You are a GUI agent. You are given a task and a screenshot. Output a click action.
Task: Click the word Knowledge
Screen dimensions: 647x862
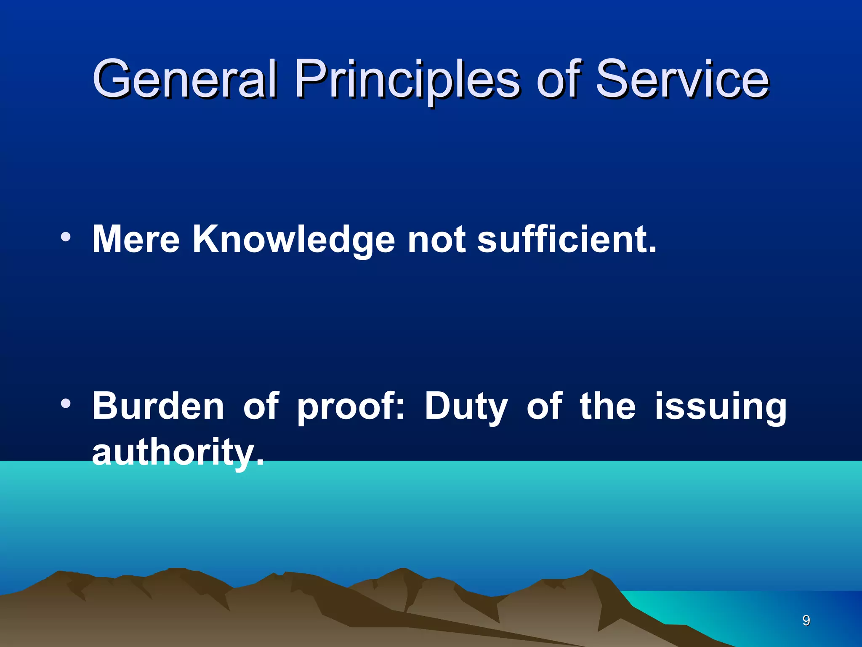pos(294,240)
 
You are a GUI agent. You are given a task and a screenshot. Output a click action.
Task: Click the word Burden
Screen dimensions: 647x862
pos(158,406)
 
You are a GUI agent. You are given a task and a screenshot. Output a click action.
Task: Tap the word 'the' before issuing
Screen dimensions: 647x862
pos(607,406)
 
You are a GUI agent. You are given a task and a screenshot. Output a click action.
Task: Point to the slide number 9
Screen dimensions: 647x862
pos(806,620)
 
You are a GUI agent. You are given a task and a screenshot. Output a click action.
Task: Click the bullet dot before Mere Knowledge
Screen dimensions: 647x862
pos(65,237)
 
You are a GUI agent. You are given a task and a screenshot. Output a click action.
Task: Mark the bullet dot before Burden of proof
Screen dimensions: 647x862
pos(65,404)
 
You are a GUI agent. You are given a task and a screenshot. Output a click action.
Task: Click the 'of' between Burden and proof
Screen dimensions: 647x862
pos(261,406)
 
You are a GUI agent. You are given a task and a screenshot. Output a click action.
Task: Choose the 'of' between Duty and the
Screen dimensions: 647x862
pos(544,406)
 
